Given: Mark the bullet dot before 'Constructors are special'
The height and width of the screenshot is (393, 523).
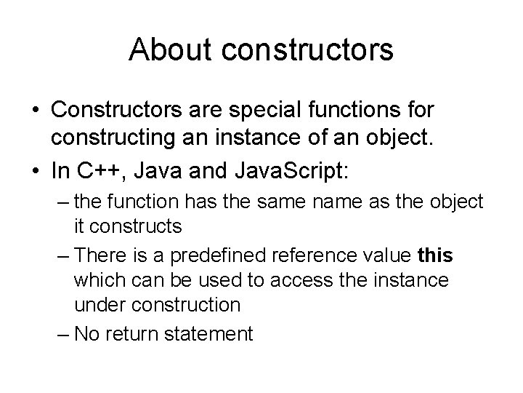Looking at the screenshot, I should [x=36, y=112].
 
